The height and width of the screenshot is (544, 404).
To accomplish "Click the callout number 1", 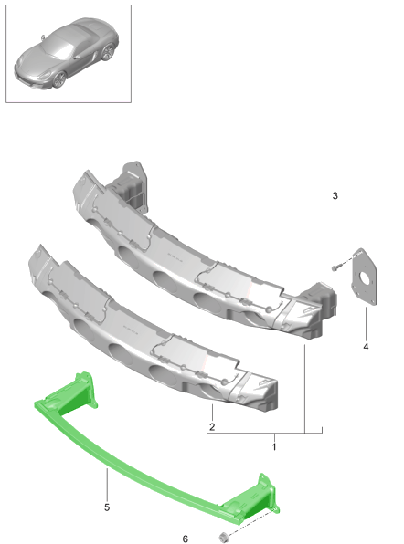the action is pyautogui.click(x=274, y=447).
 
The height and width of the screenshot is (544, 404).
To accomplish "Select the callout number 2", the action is pyautogui.click(x=212, y=426).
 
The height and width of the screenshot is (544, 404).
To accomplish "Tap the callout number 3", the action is pyautogui.click(x=335, y=195).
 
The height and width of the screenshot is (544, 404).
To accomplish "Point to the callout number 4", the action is pyautogui.click(x=366, y=347).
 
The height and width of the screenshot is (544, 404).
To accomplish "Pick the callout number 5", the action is pyautogui.click(x=107, y=507).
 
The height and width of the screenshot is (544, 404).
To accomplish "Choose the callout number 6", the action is pyautogui.click(x=186, y=539).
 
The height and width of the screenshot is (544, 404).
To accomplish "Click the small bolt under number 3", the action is pyautogui.click(x=336, y=267).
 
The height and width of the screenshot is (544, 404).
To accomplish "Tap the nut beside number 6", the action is pyautogui.click(x=223, y=536).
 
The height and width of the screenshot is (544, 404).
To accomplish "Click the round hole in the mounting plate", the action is pyautogui.click(x=365, y=277).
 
